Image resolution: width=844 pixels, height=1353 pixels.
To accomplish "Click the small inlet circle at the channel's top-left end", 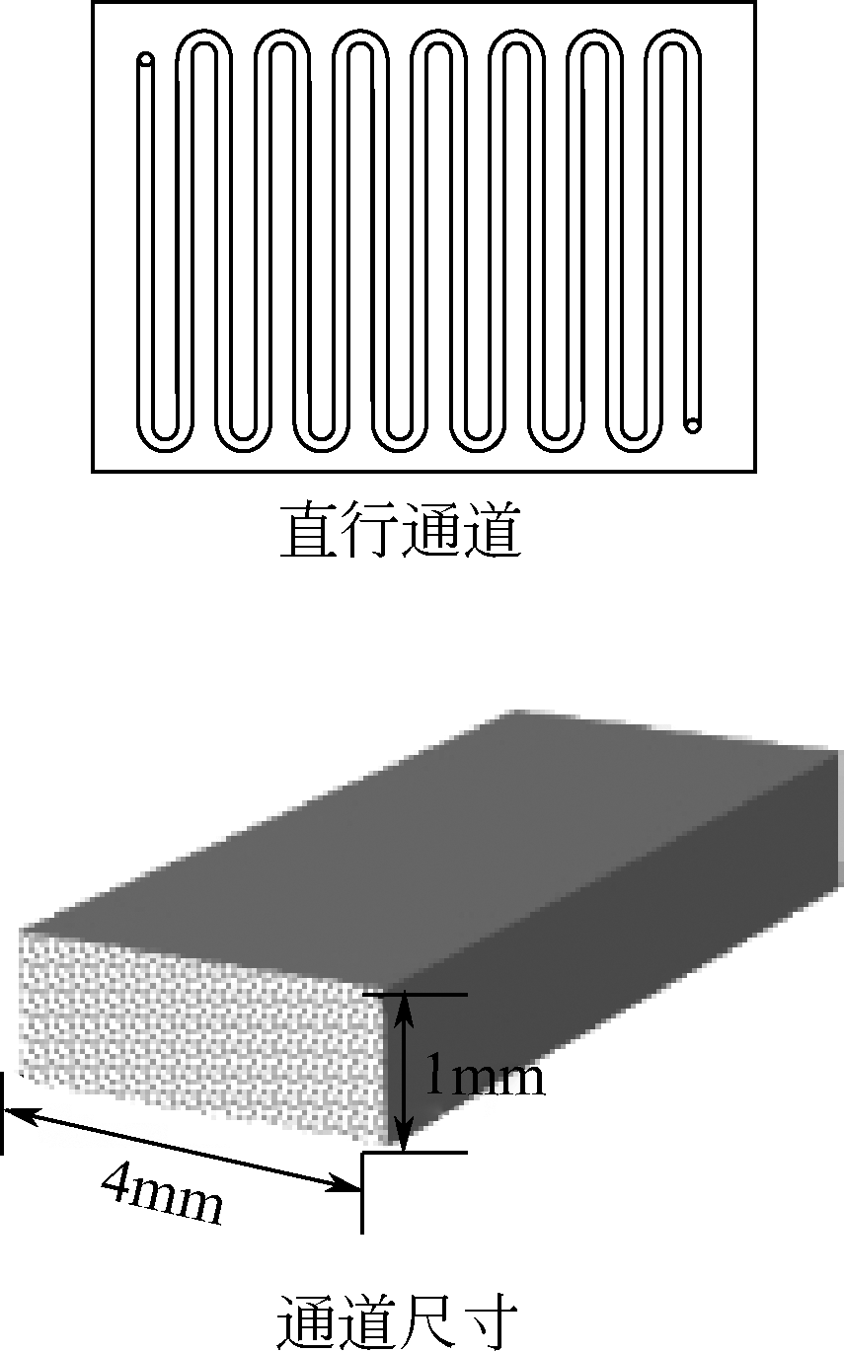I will click(x=146, y=60).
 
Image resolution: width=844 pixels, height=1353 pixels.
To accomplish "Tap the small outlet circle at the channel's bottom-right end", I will click(x=693, y=424).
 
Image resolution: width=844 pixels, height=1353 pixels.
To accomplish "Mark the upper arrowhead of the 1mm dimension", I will click(x=404, y=1007).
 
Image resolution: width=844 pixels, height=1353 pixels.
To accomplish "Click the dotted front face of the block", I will click(x=197, y=1031).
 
